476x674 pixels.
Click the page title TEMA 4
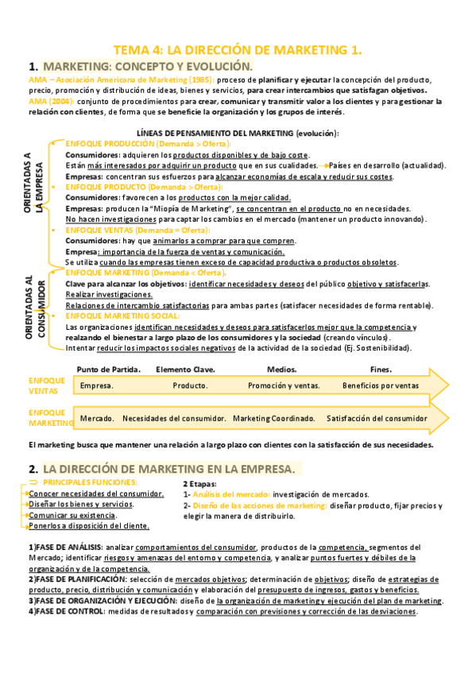[238, 50]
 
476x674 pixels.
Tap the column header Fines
[381, 369]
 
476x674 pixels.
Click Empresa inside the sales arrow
[96, 385]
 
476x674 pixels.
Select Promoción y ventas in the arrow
[284, 385]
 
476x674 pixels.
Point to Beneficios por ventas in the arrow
[380, 385]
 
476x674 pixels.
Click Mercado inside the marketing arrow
[96, 418]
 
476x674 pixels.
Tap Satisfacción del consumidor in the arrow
[377, 418]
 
